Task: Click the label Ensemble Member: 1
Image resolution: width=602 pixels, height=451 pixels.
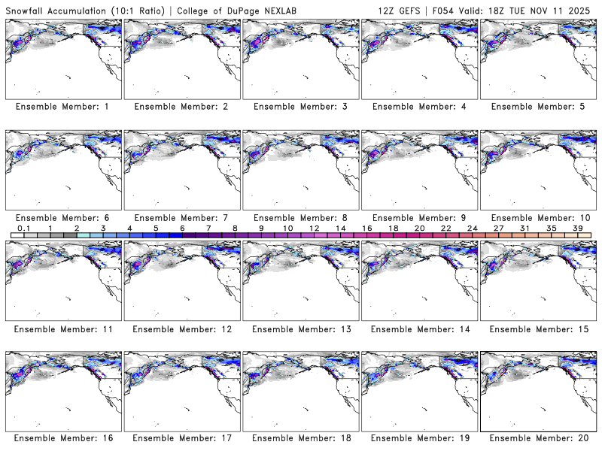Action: click(62, 107)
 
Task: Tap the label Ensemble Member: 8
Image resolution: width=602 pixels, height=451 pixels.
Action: click(299, 218)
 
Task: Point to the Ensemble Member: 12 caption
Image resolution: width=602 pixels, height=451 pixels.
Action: click(180, 329)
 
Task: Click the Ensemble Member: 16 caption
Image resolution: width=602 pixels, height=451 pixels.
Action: click(62, 438)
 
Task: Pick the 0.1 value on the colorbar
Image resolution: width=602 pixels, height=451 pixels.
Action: click(23, 228)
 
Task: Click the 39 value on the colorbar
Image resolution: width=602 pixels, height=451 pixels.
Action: click(578, 228)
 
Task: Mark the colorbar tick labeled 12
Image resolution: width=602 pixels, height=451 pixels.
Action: click(314, 228)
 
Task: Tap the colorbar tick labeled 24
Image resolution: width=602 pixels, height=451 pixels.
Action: click(473, 228)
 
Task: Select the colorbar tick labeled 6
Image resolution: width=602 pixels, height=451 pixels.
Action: click(182, 228)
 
